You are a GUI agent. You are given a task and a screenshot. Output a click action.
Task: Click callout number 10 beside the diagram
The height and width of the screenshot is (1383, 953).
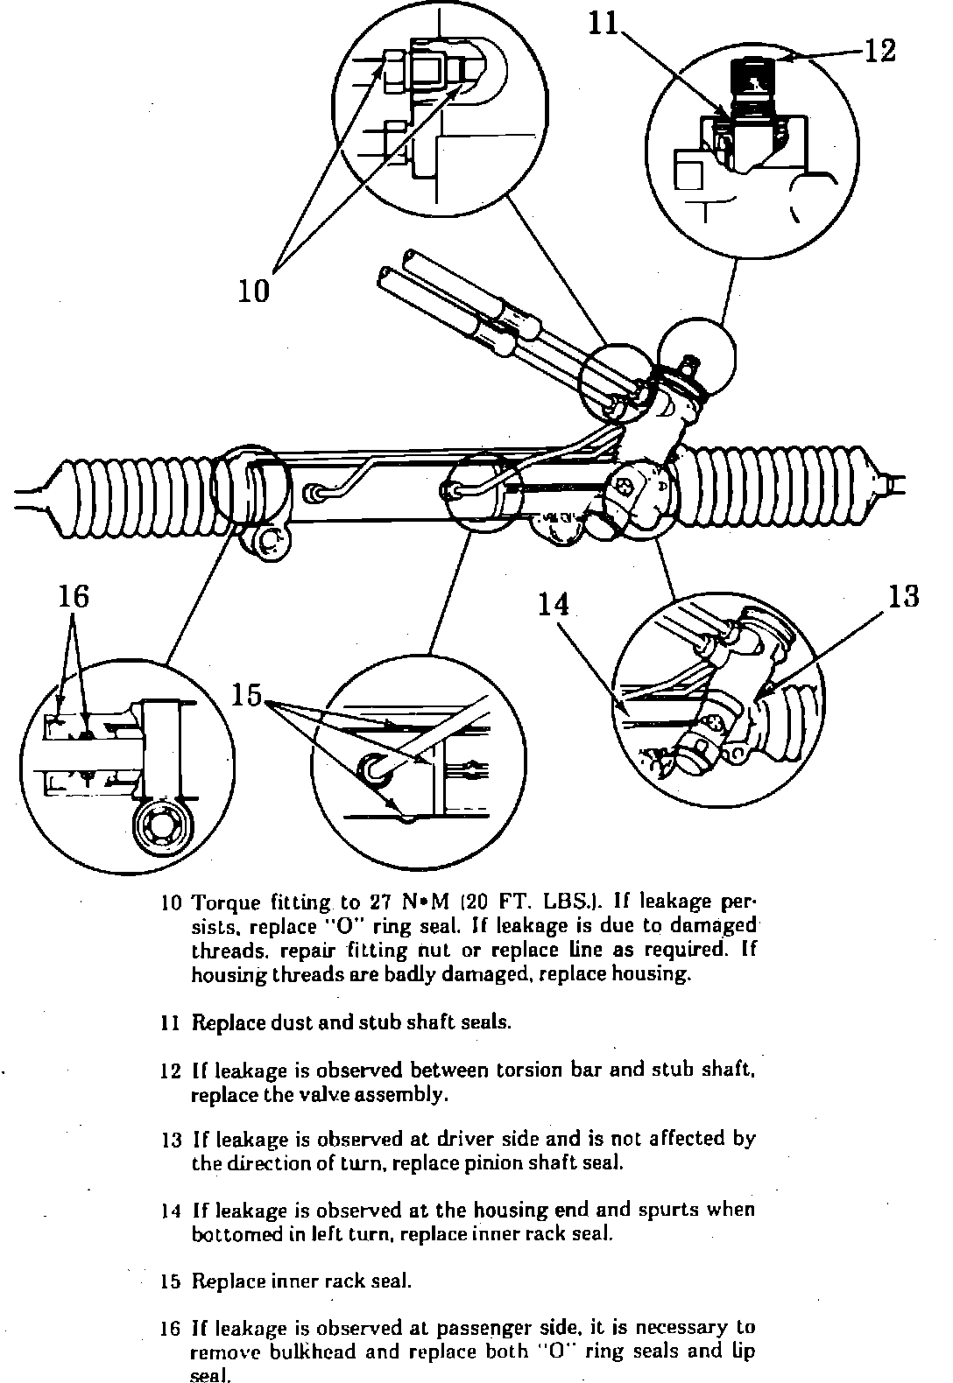click(254, 289)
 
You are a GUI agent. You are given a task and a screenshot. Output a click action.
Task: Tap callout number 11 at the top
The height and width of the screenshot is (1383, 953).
click(603, 24)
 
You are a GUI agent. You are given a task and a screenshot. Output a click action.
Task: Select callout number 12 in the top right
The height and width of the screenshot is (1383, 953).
click(880, 52)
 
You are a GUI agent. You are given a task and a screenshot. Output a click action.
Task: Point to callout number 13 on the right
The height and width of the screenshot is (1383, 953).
click(903, 596)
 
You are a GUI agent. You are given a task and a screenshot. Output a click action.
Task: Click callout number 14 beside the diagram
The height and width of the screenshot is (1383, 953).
click(554, 604)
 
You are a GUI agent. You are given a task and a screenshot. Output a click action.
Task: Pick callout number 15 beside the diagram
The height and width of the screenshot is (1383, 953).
click(247, 695)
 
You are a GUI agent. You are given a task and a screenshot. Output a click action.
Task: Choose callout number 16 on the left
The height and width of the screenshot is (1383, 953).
click(74, 596)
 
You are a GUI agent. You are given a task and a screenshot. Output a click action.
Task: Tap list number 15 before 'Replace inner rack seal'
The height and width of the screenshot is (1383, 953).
click(171, 1281)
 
